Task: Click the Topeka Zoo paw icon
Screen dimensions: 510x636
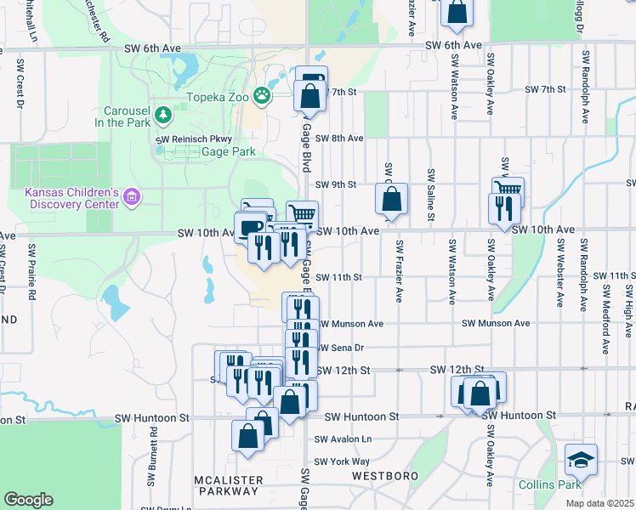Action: [x=264, y=96]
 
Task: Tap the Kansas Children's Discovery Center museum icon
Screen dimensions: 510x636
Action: [x=131, y=198]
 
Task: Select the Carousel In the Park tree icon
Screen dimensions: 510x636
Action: [x=162, y=114]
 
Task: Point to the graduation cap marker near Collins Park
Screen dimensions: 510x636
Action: [x=582, y=460]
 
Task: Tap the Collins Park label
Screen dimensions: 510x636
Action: [x=548, y=484]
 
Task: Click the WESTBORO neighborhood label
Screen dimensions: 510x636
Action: [x=381, y=477]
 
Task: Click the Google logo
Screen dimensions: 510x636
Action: [x=28, y=499]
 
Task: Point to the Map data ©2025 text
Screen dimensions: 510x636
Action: [x=599, y=503]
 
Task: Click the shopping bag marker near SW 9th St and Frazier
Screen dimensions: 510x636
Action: [x=391, y=201]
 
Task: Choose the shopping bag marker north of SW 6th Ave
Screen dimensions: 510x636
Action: [x=457, y=12]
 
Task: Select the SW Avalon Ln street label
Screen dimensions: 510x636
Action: [x=343, y=439]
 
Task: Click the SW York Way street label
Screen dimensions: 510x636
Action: [x=342, y=462]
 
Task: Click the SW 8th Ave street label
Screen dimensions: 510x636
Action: [x=339, y=138]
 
